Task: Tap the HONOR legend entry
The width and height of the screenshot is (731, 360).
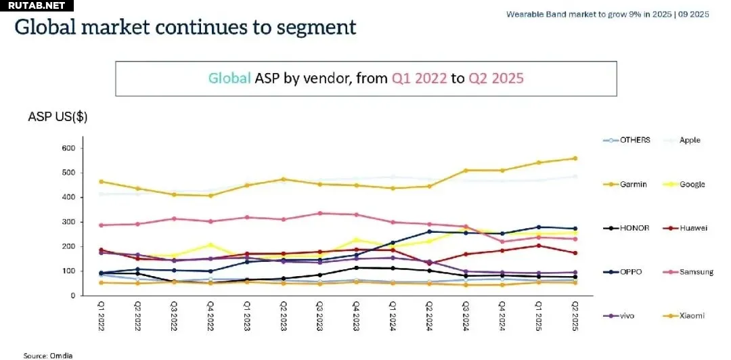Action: click(626, 228)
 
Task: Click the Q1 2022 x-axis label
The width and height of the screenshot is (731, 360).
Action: click(101, 316)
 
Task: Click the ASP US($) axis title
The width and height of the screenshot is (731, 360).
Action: click(58, 117)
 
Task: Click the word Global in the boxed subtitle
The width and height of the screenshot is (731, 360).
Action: click(229, 78)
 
